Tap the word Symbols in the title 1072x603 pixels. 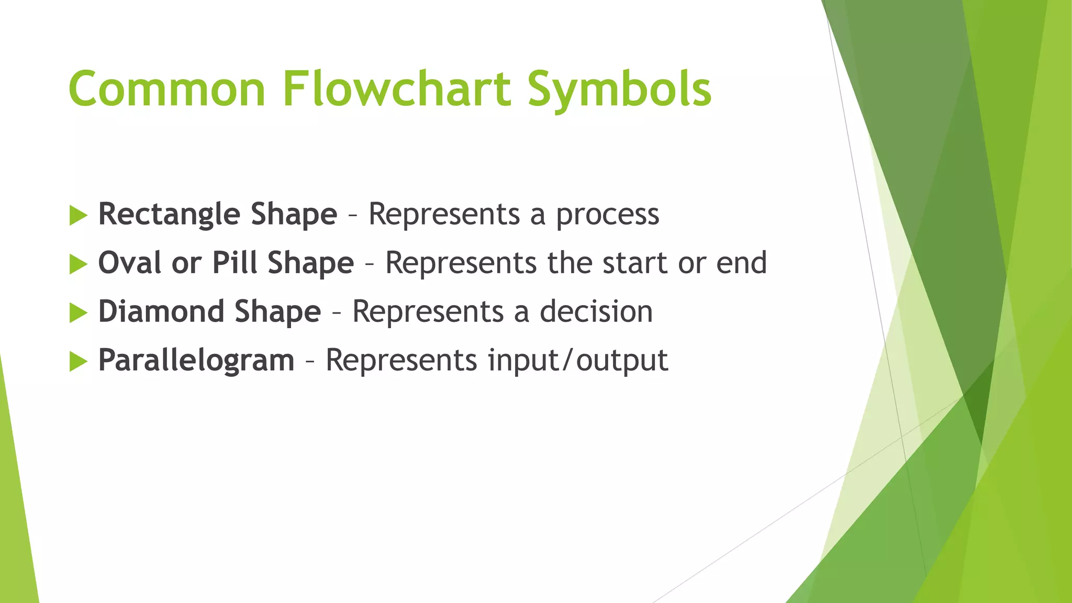pos(619,90)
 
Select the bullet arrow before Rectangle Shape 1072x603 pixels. pos(78,216)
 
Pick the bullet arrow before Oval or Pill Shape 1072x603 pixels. pos(78,264)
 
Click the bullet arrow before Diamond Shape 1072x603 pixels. pos(78,313)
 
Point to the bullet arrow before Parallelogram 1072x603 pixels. pos(78,362)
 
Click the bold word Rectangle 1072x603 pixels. pos(169,215)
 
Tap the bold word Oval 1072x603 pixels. pos(129,263)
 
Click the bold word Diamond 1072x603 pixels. pos(161,311)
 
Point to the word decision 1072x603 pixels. pos(596,312)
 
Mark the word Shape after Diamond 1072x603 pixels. pos(277,312)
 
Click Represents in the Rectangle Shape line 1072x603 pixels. pos(444,215)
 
